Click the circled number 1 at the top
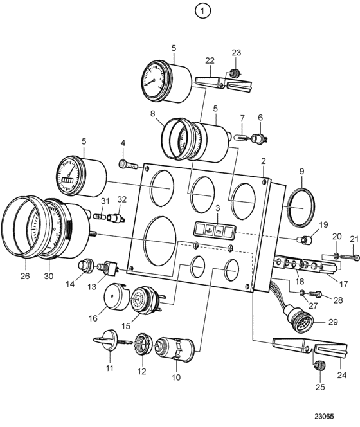(203, 11)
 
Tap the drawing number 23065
(324, 417)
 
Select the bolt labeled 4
(129, 165)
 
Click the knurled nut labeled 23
(234, 73)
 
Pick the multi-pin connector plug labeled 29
(299, 318)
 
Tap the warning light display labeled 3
(215, 230)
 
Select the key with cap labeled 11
(106, 340)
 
